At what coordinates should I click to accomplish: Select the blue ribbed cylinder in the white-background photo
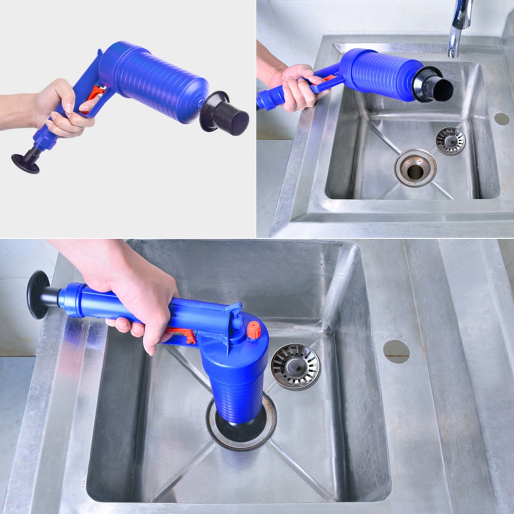tap(154, 82)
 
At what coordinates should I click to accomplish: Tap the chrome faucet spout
tap(460, 26)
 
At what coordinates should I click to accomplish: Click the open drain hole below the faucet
tap(415, 169)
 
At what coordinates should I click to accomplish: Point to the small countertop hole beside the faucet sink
tap(502, 118)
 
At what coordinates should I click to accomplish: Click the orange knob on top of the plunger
tap(254, 330)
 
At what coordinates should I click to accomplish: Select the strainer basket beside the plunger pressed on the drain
tap(295, 366)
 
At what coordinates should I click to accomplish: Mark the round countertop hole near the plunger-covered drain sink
tap(396, 351)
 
